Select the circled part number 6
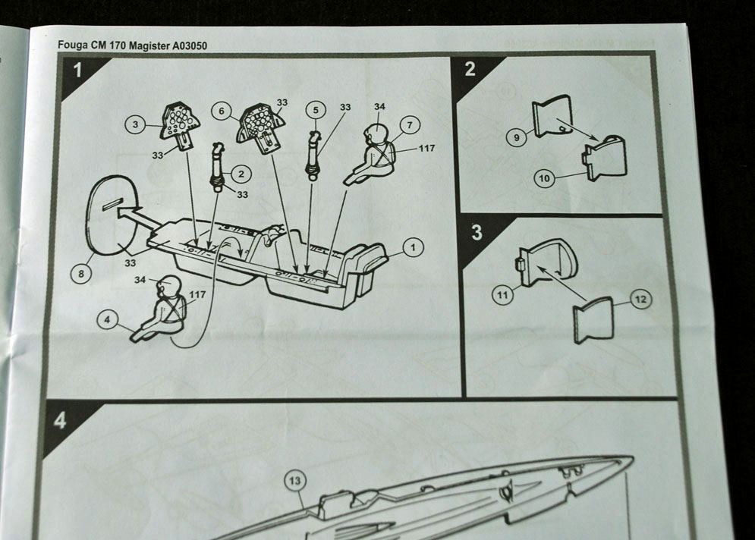tap(222, 111)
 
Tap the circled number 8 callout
tap(82, 274)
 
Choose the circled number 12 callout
tap(640, 300)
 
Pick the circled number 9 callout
tap(517, 138)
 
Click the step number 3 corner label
tap(477, 232)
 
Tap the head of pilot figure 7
tap(376, 133)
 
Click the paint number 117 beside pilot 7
tap(426, 149)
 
